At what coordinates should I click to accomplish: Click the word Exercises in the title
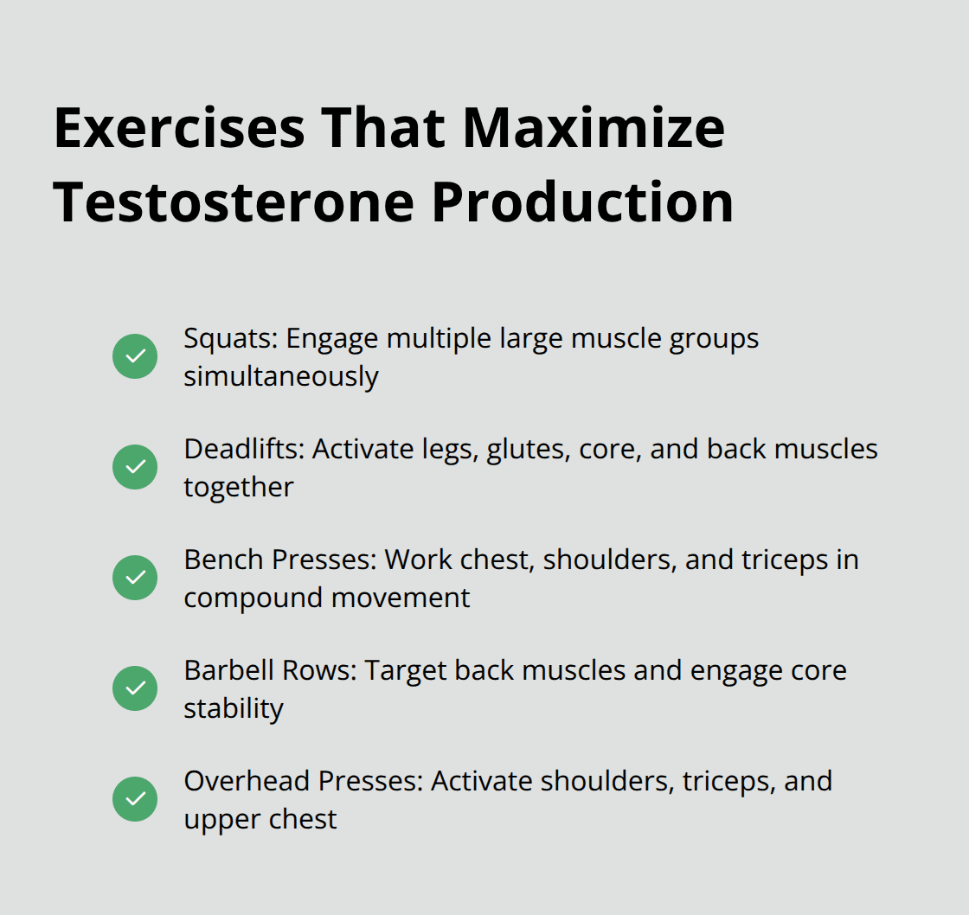[179, 127]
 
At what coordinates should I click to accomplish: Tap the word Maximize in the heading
[594, 127]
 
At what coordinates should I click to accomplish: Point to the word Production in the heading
[582, 202]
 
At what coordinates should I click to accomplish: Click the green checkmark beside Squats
[135, 356]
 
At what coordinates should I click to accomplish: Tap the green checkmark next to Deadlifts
[135, 467]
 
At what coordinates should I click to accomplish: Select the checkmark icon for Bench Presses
[135, 578]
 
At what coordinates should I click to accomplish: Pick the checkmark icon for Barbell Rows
[135, 688]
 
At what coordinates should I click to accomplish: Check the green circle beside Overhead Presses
[135, 799]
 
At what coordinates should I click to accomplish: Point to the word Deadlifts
[243, 449]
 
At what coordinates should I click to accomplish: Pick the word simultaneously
[280, 376]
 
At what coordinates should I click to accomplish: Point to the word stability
[233, 708]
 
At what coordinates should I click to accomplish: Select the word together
[238, 487]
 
